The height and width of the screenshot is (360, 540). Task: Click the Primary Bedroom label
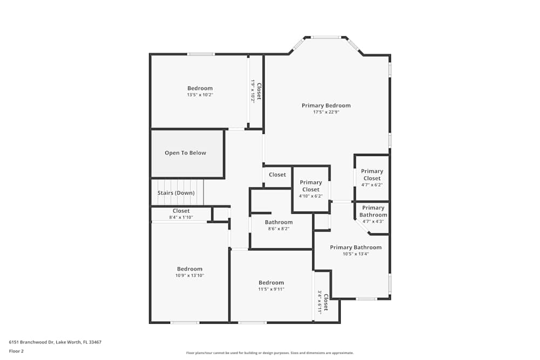pos(326,106)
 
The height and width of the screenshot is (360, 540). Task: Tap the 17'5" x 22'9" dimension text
pos(326,112)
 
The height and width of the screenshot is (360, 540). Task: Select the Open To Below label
pos(185,153)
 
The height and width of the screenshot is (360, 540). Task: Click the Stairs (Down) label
pos(176,193)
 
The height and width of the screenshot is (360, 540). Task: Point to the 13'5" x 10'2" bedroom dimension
pos(200,95)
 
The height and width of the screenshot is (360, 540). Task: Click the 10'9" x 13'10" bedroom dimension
pos(190,276)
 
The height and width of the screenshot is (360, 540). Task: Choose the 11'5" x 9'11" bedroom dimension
pos(271,289)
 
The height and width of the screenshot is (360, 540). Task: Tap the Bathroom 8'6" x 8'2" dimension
pos(279,229)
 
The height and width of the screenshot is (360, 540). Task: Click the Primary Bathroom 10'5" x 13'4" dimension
pos(356,254)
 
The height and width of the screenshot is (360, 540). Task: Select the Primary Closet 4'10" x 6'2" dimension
pos(310,196)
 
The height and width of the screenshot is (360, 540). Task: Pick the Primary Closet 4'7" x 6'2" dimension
pos(372,185)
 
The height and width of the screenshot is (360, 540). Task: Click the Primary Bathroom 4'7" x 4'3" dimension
pos(373,221)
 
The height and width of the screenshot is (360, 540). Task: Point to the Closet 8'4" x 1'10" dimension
pos(181,218)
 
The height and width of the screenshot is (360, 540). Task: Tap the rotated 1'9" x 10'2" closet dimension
pos(253,91)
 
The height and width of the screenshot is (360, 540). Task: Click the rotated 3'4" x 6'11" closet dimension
pos(320,303)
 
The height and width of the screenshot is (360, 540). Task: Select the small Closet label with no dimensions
pos(277,175)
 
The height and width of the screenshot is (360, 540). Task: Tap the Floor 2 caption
pos(16,351)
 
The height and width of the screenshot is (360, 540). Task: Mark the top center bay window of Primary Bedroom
pos(326,37)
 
